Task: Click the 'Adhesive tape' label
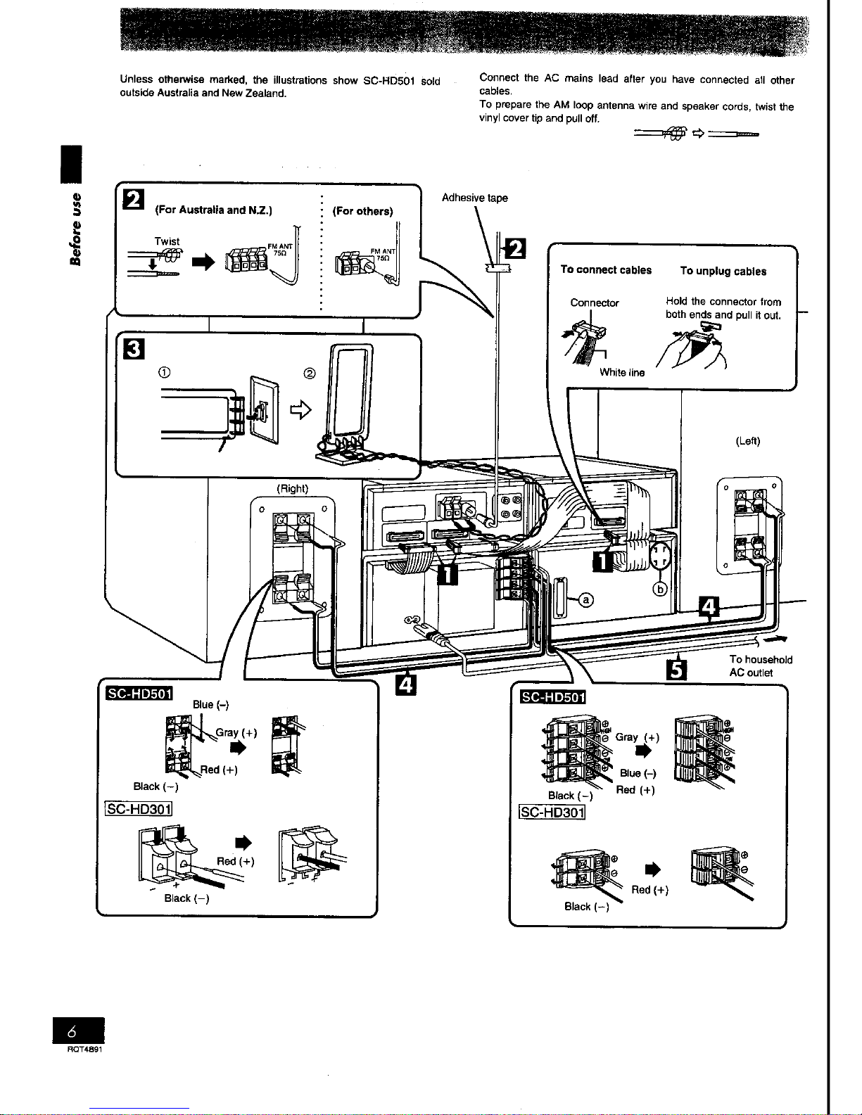(474, 198)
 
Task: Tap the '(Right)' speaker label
(291, 488)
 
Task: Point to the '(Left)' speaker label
(747, 441)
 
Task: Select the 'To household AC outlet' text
(760, 666)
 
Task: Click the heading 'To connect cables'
(606, 270)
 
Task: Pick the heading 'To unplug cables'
(723, 272)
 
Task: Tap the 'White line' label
(622, 373)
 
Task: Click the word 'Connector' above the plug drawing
(594, 303)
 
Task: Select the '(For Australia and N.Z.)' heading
(213, 210)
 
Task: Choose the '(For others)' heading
(362, 211)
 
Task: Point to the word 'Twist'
(167, 241)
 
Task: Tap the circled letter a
(585, 599)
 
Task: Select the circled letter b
(660, 590)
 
